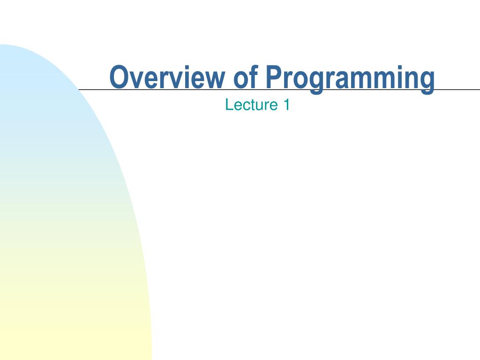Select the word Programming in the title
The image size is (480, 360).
[349, 78]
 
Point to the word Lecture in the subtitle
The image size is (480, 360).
[252, 105]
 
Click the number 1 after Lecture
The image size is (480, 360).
[286, 105]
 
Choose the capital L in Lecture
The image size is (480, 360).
[228, 105]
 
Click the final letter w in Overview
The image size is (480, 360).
[218, 80]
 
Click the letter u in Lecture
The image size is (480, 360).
[262, 105]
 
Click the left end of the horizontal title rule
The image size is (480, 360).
[80, 89]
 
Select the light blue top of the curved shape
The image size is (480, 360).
[19, 61]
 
